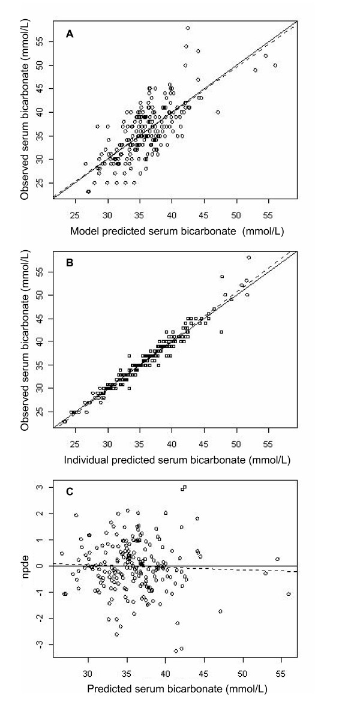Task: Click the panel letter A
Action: (x=70, y=36)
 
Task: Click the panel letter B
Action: (x=70, y=262)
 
